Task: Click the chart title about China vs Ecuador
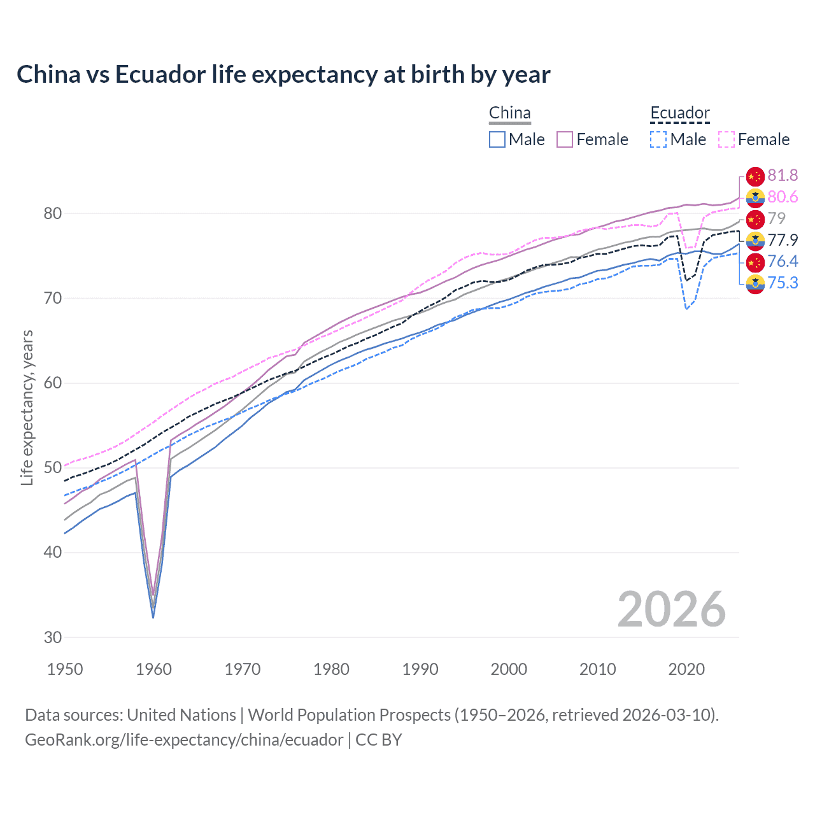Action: [x=283, y=74]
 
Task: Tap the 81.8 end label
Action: [x=783, y=176]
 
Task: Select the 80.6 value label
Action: [x=783, y=197]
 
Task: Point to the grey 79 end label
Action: [x=776, y=218]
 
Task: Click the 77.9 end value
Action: [x=783, y=240]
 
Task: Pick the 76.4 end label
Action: [x=783, y=261]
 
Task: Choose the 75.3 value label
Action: [x=783, y=283]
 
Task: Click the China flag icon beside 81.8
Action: [x=755, y=176]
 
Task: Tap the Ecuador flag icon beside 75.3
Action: [x=755, y=283]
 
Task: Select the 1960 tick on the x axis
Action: [x=153, y=669]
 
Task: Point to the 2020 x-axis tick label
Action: [x=686, y=669]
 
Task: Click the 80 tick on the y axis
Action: [x=53, y=213]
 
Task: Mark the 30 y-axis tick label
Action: [x=53, y=637]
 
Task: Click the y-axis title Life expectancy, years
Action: [x=27, y=407]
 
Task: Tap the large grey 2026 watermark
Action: [x=671, y=609]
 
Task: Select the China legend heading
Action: [x=509, y=113]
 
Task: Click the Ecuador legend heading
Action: [x=679, y=113]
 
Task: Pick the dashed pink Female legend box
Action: [x=726, y=139]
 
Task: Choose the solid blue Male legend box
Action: [x=497, y=139]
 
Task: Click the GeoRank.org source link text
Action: [x=184, y=740]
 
